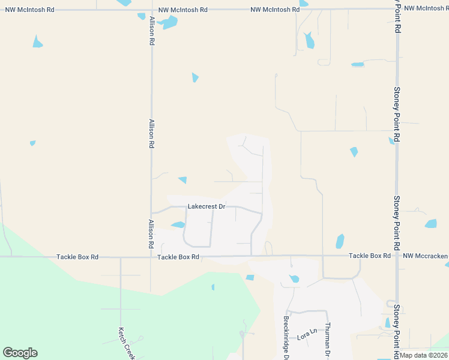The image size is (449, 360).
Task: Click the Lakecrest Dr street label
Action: pyautogui.click(x=206, y=206)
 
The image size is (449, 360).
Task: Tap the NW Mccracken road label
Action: pyautogui.click(x=426, y=256)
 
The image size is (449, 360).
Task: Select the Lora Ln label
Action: pyautogui.click(x=307, y=332)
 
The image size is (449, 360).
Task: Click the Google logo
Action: pyautogui.click(x=20, y=353)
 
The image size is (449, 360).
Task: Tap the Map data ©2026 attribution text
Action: pyautogui.click(x=423, y=355)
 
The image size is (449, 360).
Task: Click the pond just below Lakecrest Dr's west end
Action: pyautogui.click(x=178, y=225)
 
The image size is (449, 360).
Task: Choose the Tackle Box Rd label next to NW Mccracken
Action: pyautogui.click(x=370, y=256)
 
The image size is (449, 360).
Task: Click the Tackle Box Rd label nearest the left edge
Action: pyautogui.click(x=77, y=257)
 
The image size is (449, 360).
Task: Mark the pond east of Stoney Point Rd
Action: pyautogui.click(x=431, y=224)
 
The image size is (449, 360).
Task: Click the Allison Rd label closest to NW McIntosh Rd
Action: pyautogui.click(x=152, y=31)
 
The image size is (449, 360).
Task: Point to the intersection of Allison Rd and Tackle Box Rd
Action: pyautogui.click(x=151, y=257)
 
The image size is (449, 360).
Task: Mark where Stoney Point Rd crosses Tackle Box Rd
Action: pyautogui.click(x=397, y=256)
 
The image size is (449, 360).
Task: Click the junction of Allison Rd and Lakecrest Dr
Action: pyautogui.click(x=151, y=212)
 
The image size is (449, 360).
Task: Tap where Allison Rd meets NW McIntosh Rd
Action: pyautogui.click(x=151, y=10)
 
